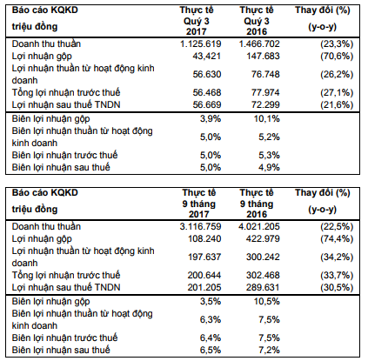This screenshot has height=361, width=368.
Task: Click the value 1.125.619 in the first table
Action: click(x=201, y=43)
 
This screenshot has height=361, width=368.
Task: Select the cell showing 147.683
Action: click(x=263, y=56)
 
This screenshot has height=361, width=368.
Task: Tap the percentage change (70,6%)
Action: click(x=337, y=56)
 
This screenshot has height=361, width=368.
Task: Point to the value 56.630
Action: click(x=207, y=74)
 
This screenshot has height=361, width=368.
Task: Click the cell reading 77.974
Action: click(x=265, y=92)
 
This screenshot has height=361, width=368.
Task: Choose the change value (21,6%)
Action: click(x=337, y=104)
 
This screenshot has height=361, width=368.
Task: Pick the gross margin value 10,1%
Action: click(x=267, y=118)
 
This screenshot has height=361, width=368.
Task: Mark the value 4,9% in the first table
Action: click(x=269, y=167)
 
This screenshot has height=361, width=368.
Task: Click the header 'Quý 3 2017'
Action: click(x=197, y=26)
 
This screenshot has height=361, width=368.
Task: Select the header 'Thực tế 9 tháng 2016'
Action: click(x=257, y=204)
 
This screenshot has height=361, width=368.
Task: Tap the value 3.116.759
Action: click(x=200, y=226)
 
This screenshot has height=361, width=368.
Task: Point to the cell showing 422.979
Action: click(x=263, y=238)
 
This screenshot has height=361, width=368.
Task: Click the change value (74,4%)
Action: click(x=337, y=238)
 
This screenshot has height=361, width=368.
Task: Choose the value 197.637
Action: click(x=204, y=257)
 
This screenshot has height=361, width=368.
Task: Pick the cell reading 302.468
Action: click(x=263, y=275)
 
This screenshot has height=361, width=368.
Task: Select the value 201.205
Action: click(x=204, y=287)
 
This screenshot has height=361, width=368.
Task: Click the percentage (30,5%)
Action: click(x=337, y=287)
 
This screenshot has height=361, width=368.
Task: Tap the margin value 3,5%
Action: click(x=211, y=301)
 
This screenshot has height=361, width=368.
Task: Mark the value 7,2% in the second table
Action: click(x=269, y=350)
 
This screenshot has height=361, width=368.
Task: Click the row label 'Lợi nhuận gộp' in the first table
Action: click(x=42, y=57)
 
